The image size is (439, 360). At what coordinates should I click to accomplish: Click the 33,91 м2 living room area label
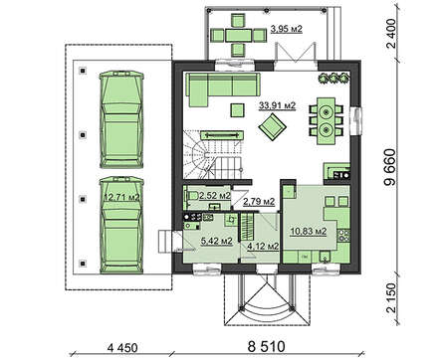[277, 105]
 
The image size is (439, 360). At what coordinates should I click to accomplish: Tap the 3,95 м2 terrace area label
[287, 29]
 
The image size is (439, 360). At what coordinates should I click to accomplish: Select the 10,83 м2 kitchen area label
[309, 231]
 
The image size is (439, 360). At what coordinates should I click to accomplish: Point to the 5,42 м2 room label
[216, 241]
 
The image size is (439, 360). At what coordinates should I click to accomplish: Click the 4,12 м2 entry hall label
[263, 246]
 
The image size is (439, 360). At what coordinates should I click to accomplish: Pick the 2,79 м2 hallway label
[259, 201]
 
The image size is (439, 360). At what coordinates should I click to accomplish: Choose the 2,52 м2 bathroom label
[215, 196]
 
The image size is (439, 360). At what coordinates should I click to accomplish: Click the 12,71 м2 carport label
[121, 197]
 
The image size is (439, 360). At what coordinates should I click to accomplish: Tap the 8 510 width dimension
[266, 347]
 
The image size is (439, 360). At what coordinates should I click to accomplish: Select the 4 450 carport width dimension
[122, 348]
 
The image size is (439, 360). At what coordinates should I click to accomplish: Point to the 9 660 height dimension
[389, 167]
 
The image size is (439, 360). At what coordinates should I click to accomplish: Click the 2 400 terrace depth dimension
[391, 34]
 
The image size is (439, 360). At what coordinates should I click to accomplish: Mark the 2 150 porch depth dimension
[391, 297]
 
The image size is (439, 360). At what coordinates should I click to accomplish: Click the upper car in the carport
[121, 119]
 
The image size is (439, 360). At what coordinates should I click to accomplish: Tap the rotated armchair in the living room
[273, 126]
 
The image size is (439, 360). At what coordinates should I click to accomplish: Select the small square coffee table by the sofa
[237, 110]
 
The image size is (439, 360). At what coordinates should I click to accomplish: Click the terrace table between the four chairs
[239, 35]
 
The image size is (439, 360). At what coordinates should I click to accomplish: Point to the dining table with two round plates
[327, 120]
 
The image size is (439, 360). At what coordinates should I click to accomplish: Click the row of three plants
[333, 79]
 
